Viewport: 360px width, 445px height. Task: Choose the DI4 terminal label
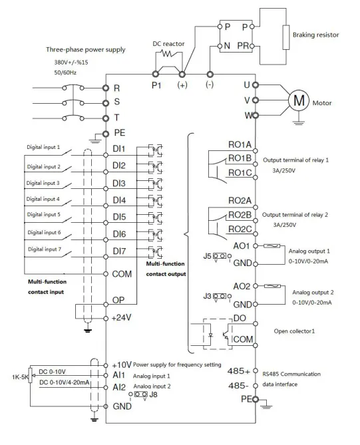pos(119,200)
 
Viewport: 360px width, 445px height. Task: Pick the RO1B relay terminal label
pos(240,158)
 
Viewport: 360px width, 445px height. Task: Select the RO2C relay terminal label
pos(240,229)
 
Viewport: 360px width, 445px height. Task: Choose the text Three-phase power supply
pos(87,49)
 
